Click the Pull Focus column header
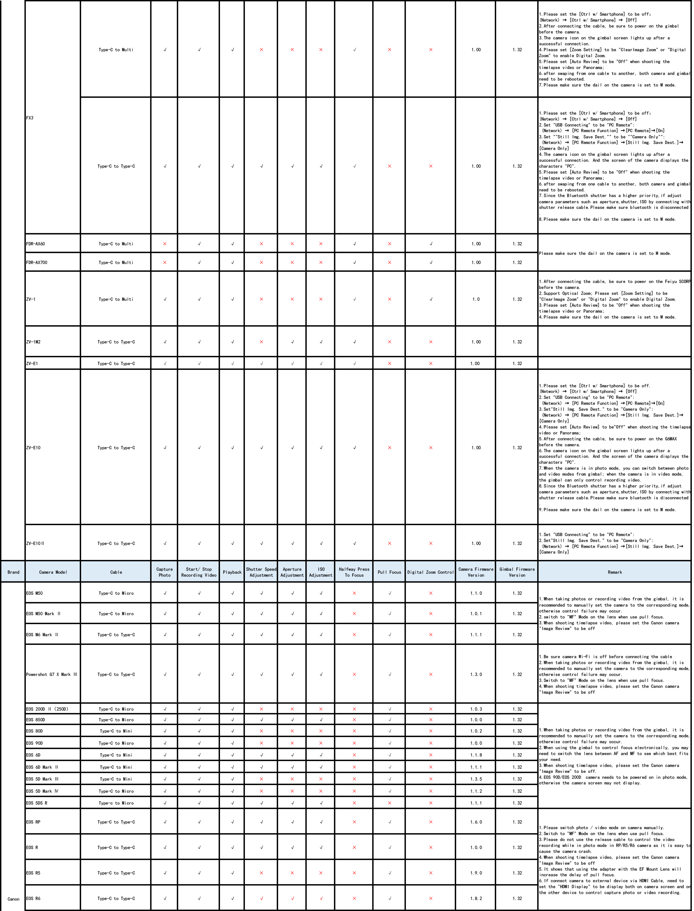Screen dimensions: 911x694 (x=389, y=572)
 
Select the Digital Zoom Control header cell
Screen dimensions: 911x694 (x=430, y=572)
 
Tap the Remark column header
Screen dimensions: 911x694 (x=615, y=572)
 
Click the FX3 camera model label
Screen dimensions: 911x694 (x=30, y=118)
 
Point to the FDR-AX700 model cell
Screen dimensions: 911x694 (x=37, y=262)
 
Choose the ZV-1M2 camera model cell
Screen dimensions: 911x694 (x=33, y=342)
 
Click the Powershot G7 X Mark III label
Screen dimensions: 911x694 (x=52, y=675)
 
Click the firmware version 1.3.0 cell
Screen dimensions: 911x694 (x=476, y=675)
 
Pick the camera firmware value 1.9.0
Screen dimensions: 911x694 (x=476, y=872)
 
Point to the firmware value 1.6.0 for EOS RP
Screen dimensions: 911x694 (x=476, y=822)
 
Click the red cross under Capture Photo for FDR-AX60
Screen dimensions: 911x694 (x=165, y=244)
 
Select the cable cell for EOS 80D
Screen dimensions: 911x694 (x=116, y=731)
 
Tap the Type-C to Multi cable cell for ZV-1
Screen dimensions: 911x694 (x=116, y=299)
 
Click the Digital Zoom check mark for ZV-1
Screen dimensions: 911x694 (x=431, y=299)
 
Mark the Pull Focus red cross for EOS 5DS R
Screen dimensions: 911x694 (x=389, y=803)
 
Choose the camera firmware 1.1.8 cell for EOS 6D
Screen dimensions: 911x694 (x=476, y=755)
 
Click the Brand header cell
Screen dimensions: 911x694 (x=13, y=572)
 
